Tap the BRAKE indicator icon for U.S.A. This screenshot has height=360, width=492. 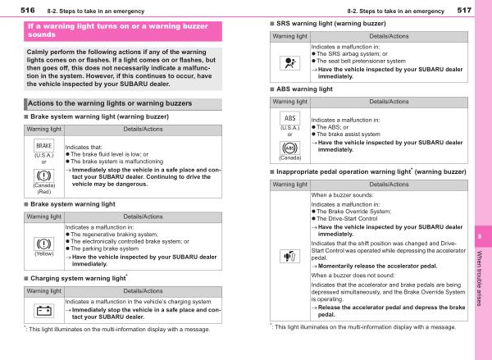43,145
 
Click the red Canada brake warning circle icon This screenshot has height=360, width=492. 43,175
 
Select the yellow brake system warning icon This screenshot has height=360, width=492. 43,243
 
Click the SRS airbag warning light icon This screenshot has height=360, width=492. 289,60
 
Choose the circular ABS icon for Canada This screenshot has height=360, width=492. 289,148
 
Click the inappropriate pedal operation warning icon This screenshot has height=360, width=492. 289,259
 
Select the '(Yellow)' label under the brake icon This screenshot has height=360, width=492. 43,255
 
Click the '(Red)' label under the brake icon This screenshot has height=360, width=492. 43,191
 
